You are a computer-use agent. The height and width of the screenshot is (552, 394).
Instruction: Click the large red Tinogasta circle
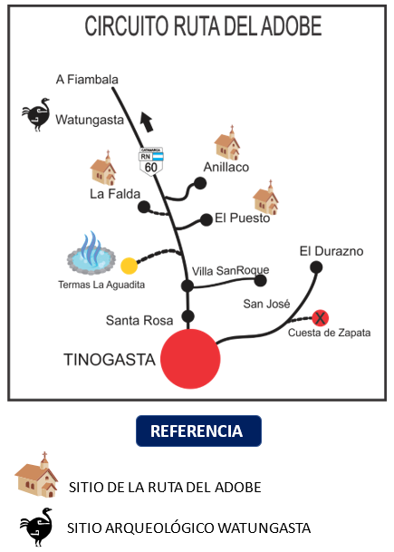[190, 357]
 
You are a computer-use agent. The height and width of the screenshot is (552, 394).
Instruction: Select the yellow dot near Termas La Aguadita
[130, 266]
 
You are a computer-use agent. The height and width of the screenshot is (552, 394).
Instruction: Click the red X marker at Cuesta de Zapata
[320, 317]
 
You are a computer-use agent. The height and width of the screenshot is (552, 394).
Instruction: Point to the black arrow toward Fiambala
[146, 122]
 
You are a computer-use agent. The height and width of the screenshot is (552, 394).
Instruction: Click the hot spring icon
[92, 255]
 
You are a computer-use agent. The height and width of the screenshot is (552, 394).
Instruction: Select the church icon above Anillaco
[227, 145]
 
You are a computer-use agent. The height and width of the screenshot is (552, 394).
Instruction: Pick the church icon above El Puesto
[265, 197]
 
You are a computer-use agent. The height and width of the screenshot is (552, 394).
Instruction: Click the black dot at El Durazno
[317, 266]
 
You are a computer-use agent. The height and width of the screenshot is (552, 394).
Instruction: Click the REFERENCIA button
[197, 431]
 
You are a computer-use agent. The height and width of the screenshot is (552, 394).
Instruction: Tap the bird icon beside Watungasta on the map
[37, 115]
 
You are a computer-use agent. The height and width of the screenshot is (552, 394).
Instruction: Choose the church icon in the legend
[37, 474]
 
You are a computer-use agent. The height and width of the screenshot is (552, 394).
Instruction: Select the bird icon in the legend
[37, 526]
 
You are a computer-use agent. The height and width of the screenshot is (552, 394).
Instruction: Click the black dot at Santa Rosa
[188, 316]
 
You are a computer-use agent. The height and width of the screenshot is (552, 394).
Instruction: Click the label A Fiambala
[87, 80]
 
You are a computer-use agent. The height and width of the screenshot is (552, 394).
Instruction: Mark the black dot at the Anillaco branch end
[201, 183]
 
